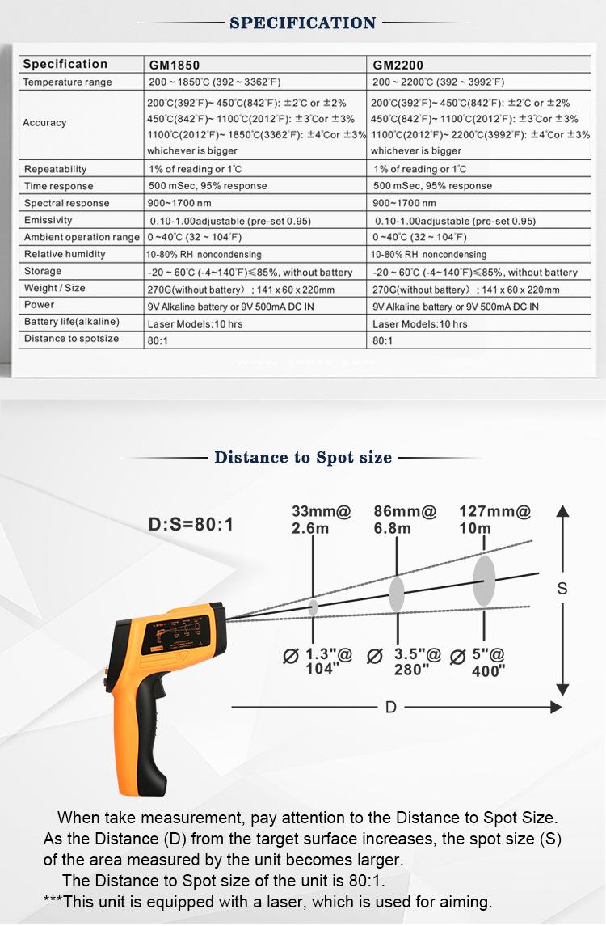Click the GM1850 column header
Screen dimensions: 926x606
tap(174, 65)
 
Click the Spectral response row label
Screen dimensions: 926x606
tap(66, 203)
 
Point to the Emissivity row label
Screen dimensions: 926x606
tap(48, 220)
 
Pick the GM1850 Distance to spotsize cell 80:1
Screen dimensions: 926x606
tap(158, 340)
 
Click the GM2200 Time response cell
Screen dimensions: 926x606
tap(431, 186)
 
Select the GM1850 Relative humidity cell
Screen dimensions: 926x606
tap(204, 255)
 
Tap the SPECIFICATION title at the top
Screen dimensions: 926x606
tap(303, 23)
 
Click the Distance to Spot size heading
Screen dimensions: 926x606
tap(303, 458)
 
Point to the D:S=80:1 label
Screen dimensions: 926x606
tap(191, 525)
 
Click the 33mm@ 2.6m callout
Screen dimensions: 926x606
tap(322, 519)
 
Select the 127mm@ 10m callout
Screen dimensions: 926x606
tap(494, 519)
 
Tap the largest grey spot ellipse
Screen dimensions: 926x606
tap(484, 579)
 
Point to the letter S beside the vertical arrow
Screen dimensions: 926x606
tap(562, 589)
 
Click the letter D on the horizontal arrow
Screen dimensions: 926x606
tap(391, 707)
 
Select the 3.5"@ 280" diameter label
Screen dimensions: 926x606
tap(408, 662)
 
